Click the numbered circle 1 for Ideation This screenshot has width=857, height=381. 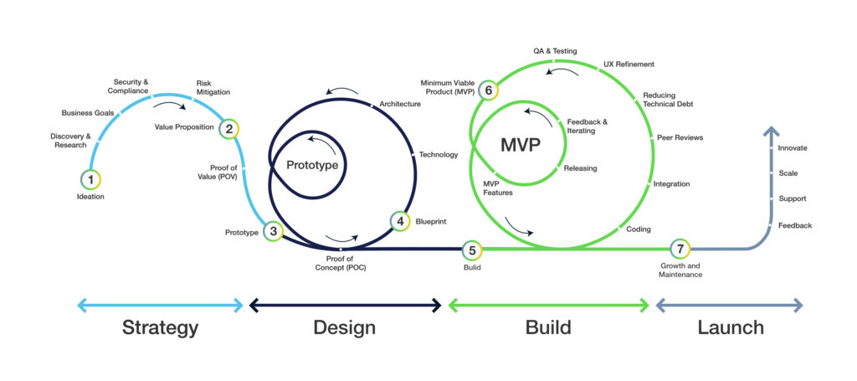pyautogui.click(x=90, y=179)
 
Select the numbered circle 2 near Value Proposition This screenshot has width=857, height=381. pyautogui.click(x=228, y=128)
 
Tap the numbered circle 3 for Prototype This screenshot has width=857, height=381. pyautogui.click(x=273, y=231)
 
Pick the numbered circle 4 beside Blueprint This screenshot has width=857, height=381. pyautogui.click(x=400, y=221)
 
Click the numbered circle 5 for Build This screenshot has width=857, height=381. pyautogui.click(x=472, y=249)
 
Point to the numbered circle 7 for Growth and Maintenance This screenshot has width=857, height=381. pyautogui.click(x=680, y=249)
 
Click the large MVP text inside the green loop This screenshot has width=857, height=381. pyautogui.click(x=520, y=144)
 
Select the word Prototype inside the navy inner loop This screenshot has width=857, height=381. pyautogui.click(x=312, y=165)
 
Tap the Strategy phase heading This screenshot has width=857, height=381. pyautogui.click(x=160, y=327)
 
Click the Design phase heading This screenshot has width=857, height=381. pyautogui.click(x=344, y=327)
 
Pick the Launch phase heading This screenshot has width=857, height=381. pyautogui.click(x=730, y=327)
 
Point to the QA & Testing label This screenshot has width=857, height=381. pyautogui.click(x=555, y=51)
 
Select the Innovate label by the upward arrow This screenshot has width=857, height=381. pyautogui.click(x=792, y=148)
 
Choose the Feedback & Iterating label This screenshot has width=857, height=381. pyautogui.click(x=587, y=126)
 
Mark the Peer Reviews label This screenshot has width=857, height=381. pyautogui.click(x=680, y=137)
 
